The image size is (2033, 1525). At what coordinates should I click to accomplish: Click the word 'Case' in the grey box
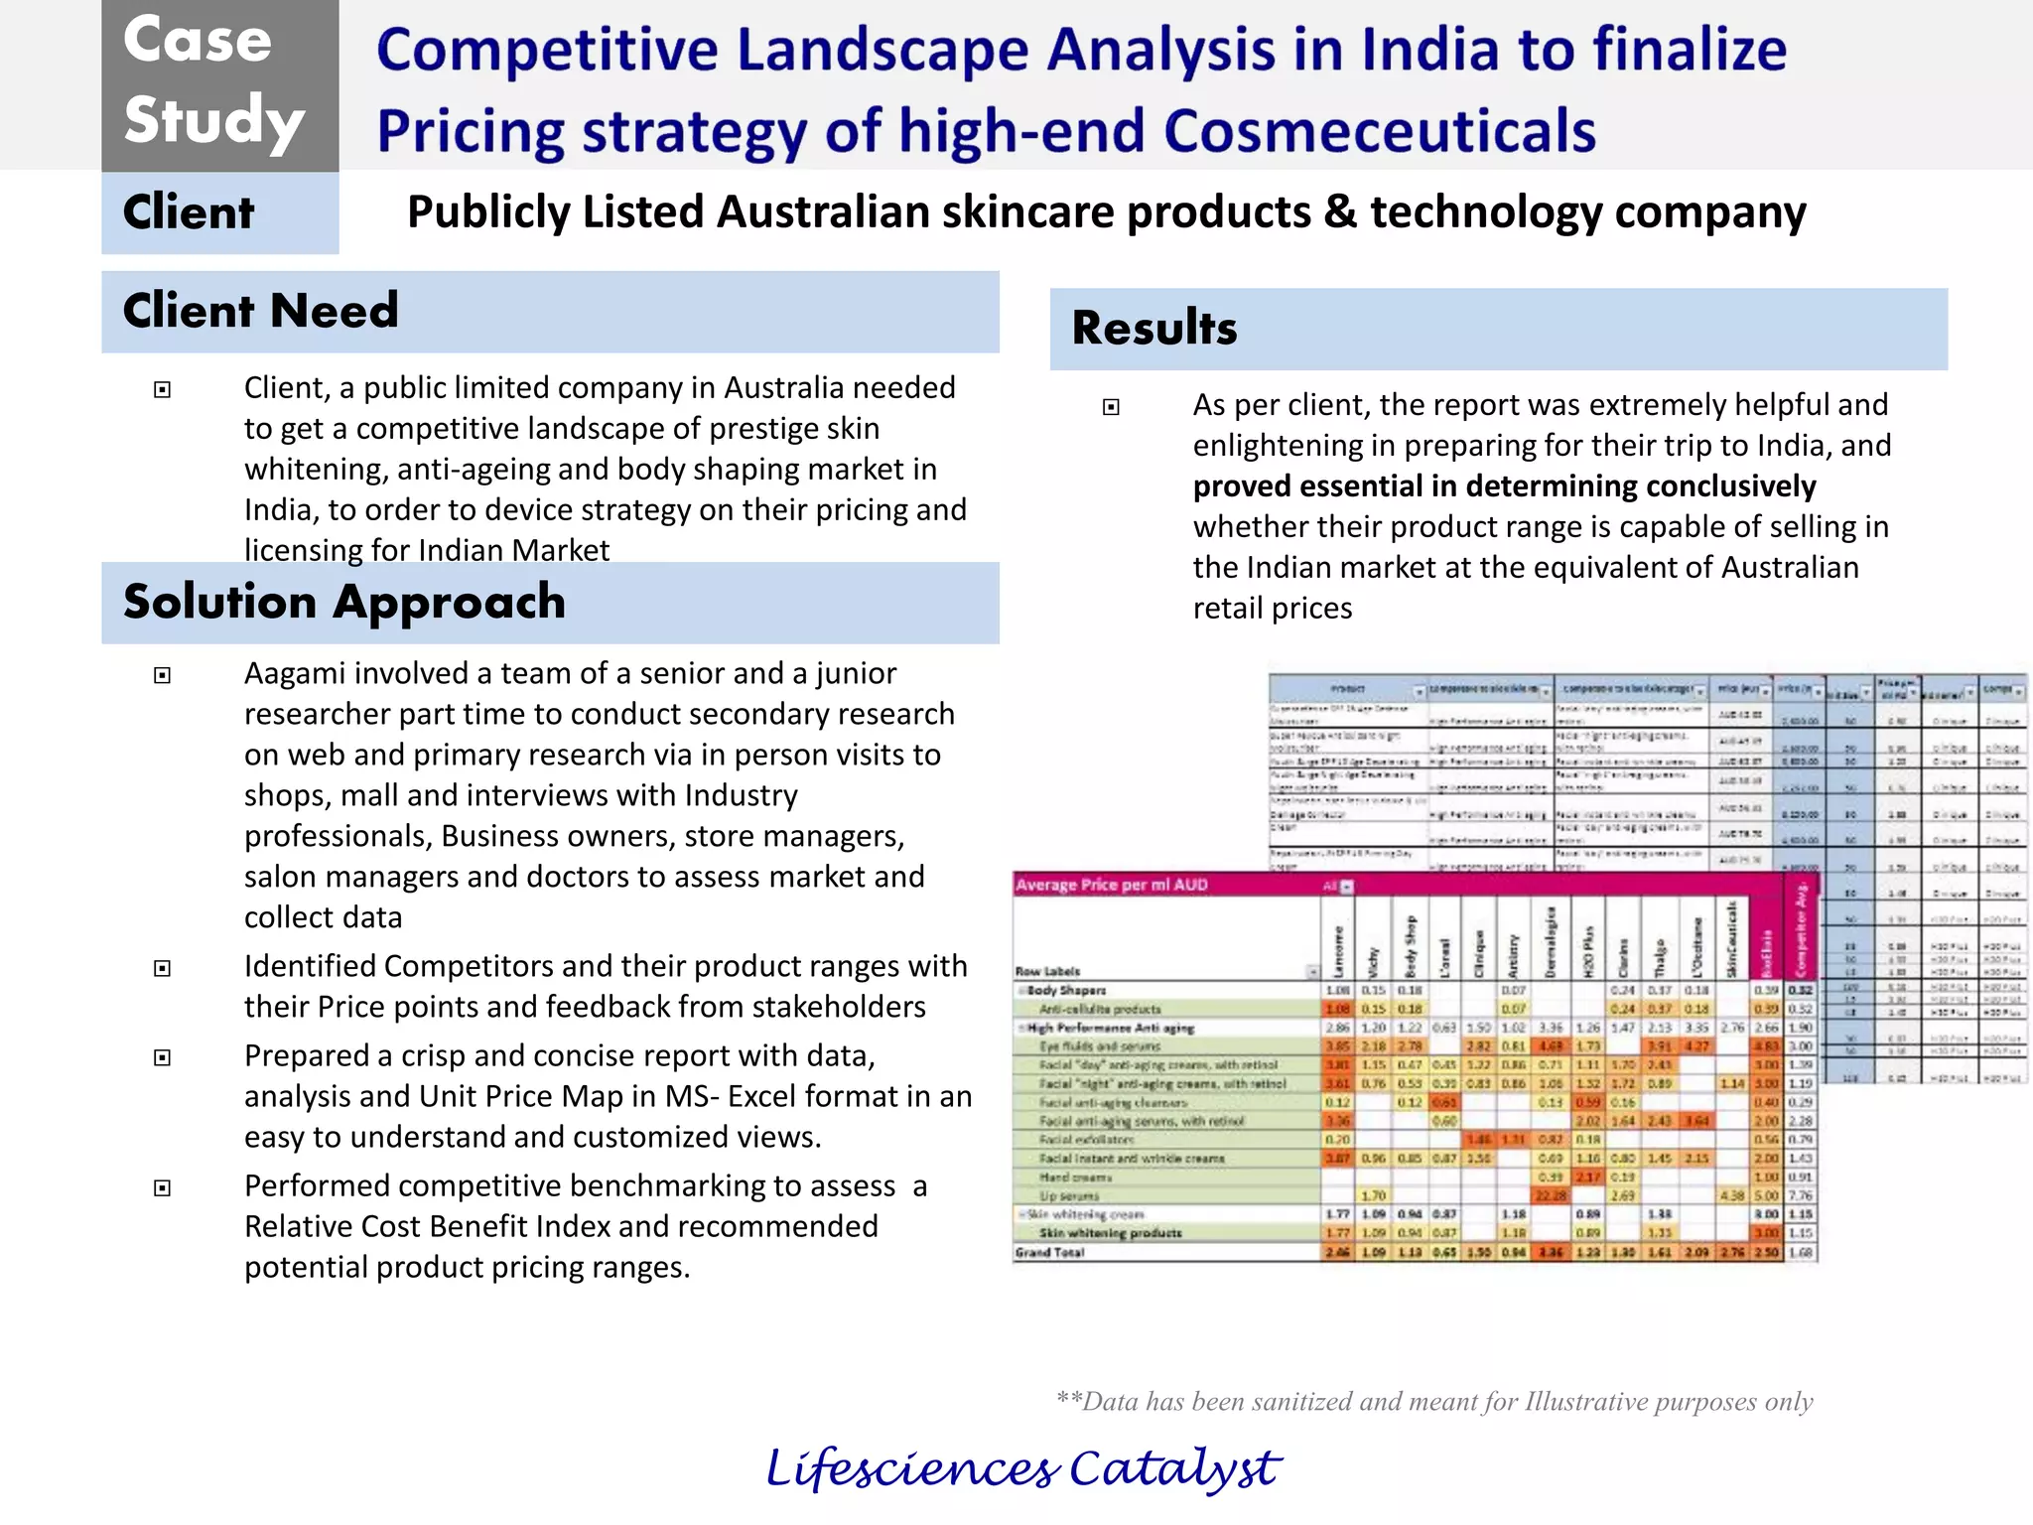pyautogui.click(x=198, y=42)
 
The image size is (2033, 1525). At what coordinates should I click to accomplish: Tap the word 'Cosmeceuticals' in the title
pyautogui.click(x=1380, y=132)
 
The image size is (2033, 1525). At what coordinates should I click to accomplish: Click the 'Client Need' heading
pyautogui.click(x=260, y=311)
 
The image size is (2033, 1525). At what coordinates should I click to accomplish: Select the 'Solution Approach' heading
pyautogui.click(x=343, y=602)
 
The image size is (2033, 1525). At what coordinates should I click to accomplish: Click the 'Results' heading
pyautogui.click(x=1154, y=328)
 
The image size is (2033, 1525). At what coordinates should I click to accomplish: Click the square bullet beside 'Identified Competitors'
pyautogui.click(x=163, y=968)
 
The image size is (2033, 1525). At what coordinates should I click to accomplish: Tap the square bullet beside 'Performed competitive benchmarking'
pyautogui.click(x=163, y=1187)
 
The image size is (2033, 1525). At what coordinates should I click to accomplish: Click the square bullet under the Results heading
pyautogui.click(x=1112, y=406)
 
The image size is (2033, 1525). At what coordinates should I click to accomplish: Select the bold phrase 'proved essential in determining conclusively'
pyautogui.click(x=1504, y=486)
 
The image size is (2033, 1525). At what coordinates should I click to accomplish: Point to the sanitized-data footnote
pyautogui.click(x=1434, y=1401)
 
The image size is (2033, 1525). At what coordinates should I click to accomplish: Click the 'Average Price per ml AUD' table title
pyautogui.click(x=1112, y=885)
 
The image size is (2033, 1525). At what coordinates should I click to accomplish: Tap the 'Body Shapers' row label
pyautogui.click(x=1066, y=990)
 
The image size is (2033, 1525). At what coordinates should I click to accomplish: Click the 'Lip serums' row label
pyautogui.click(x=1069, y=1195)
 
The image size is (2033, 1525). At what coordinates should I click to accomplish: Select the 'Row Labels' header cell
pyautogui.click(x=1047, y=971)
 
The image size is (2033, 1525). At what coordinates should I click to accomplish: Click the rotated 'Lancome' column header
pyautogui.click(x=1338, y=951)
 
